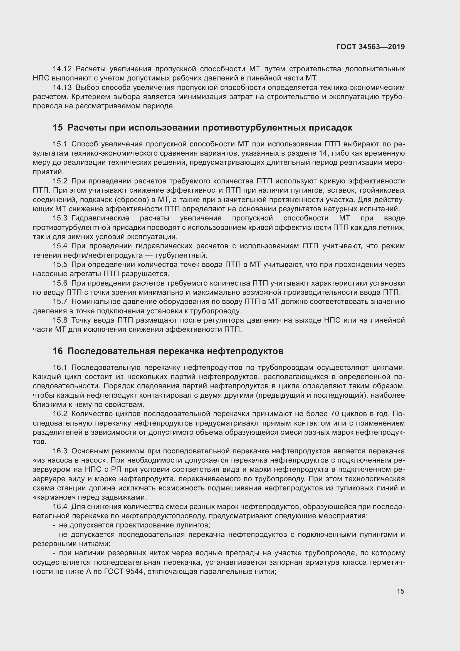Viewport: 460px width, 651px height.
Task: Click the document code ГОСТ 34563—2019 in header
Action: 370,47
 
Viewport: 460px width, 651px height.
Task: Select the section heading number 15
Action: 58,128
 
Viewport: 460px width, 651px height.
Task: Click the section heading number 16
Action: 58,351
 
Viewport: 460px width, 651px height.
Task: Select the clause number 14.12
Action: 62,69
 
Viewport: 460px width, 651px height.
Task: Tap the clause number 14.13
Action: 62,88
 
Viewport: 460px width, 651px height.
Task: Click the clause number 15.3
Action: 60,218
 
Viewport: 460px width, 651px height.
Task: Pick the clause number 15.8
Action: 60,320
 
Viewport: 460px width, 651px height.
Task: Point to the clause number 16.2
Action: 60,414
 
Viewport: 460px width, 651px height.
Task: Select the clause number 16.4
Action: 60,507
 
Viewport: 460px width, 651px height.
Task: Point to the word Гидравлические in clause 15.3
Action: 101,218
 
